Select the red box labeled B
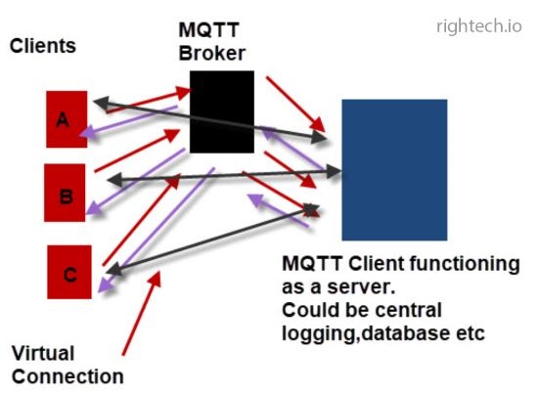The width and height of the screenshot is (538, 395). coord(66,193)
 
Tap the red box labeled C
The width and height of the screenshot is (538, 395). coord(69,271)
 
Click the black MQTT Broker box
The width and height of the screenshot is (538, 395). coord(221,111)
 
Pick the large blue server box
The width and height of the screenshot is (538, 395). coord(393,169)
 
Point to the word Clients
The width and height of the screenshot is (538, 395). coord(42,46)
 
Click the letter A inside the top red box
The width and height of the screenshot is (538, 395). coord(63,119)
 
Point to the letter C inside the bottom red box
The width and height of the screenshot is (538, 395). coord(69,273)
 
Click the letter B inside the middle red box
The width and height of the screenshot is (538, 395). coord(66,196)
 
